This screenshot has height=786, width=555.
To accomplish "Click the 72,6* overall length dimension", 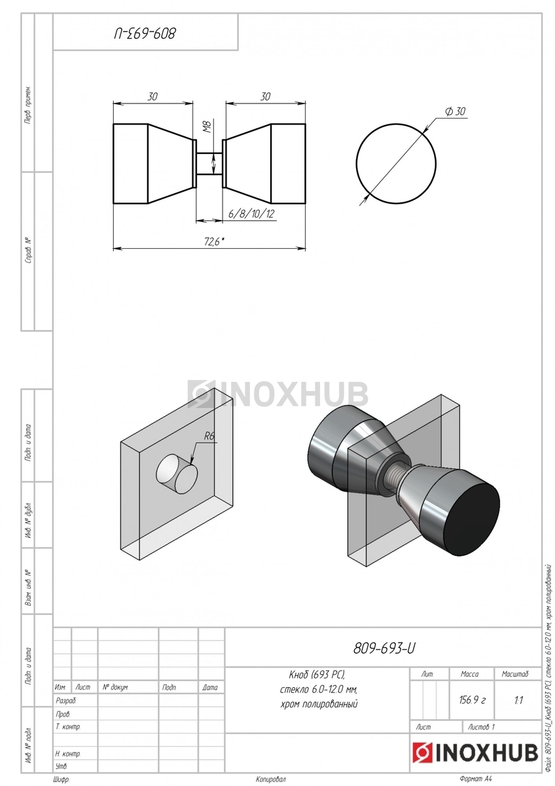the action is [214, 242].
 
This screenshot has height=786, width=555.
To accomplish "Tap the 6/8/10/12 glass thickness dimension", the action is [251, 214].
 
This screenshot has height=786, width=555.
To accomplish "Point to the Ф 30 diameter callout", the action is [455, 111].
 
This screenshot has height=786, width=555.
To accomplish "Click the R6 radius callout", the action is [209, 436].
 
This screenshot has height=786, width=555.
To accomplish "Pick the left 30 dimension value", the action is [152, 96].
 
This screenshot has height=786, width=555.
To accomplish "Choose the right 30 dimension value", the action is [265, 96].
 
